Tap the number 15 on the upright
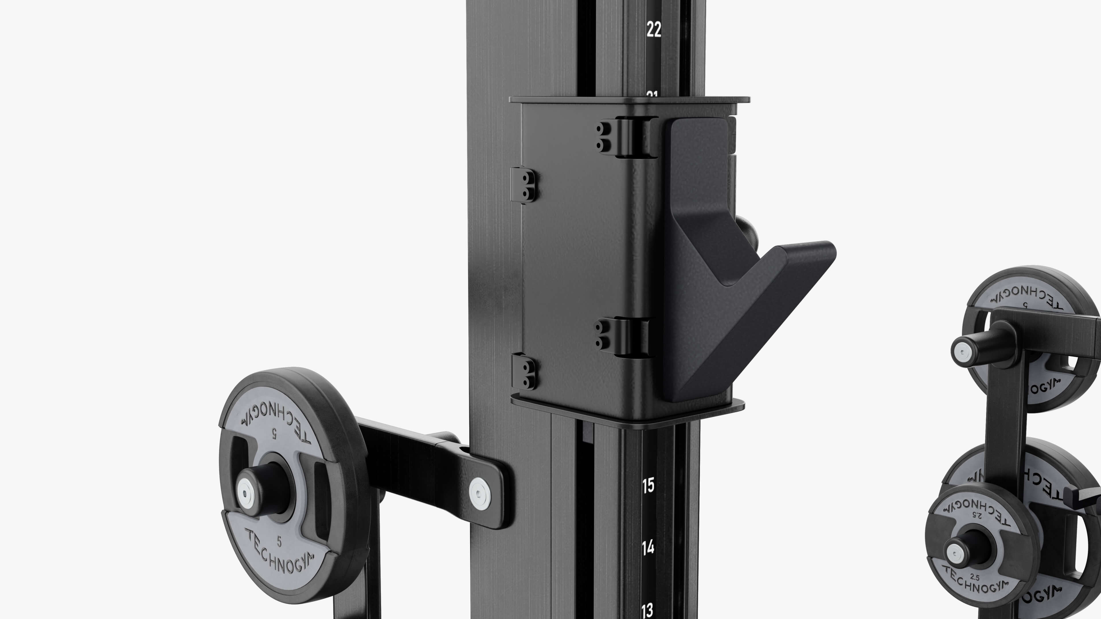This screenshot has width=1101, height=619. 648,485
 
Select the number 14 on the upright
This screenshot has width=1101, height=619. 648,547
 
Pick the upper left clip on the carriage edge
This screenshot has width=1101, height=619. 523,185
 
